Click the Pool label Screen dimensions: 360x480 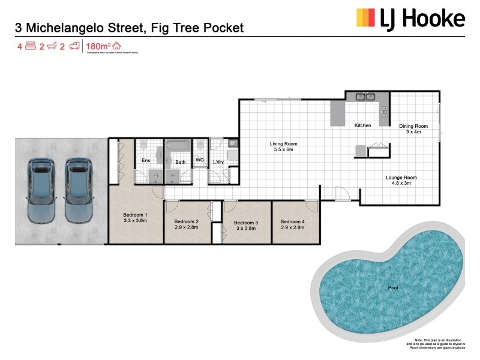tap(392, 287)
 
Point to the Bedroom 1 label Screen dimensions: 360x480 tap(134, 215)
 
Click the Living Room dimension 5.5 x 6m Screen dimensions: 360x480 tap(283, 150)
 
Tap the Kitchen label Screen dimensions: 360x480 tap(363, 125)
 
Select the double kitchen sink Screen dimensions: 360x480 tap(364, 97)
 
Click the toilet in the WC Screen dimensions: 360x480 tap(200, 147)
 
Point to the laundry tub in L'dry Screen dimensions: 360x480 tap(232, 144)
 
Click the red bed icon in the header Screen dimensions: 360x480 tap(31, 46)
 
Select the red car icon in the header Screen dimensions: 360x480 tap(74, 46)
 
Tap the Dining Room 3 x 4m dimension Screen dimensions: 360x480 tap(413, 132)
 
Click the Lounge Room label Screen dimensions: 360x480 tap(401, 178)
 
